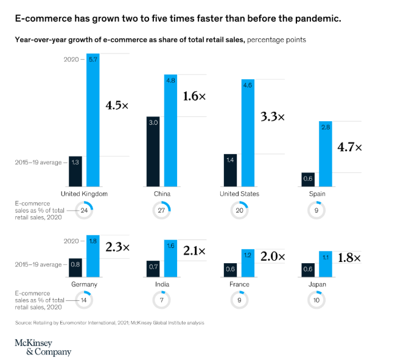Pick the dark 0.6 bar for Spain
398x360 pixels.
308,179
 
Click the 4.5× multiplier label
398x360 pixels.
117,105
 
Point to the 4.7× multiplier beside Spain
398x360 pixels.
349,147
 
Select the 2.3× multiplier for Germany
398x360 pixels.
117,247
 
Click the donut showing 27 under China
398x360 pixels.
162,210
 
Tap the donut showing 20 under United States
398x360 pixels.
240,210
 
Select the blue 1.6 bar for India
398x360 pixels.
170,258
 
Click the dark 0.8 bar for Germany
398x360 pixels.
75,267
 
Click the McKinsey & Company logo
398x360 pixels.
43,347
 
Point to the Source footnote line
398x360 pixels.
110,322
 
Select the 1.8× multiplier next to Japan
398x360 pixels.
349,258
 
